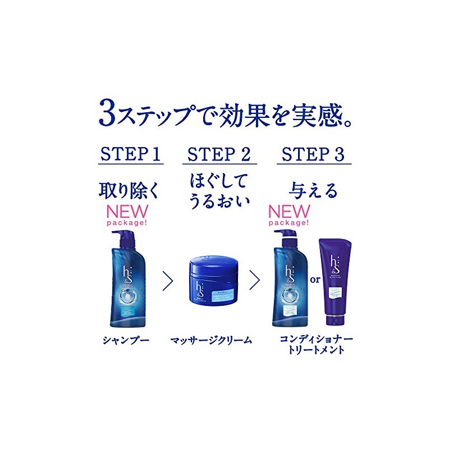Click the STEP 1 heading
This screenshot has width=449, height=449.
(x=130, y=154)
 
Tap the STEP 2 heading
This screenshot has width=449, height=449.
(x=219, y=154)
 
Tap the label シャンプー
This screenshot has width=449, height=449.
(x=126, y=340)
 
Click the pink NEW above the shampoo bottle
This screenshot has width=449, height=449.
(x=130, y=212)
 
